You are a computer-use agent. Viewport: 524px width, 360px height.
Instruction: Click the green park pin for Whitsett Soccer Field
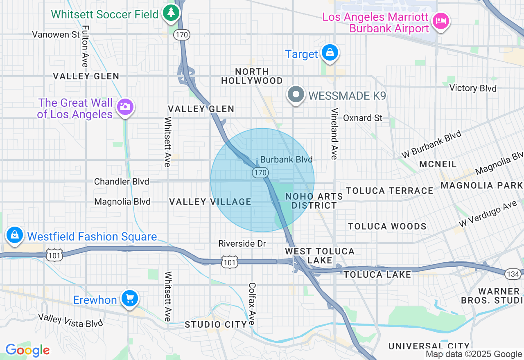pyautogui.click(x=171, y=13)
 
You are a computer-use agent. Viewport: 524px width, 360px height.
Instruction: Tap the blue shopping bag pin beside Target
pyautogui.click(x=329, y=53)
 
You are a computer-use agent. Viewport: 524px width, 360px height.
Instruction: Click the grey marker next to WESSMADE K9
pyautogui.click(x=296, y=95)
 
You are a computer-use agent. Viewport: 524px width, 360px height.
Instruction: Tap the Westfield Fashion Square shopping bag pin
pyautogui.click(x=15, y=236)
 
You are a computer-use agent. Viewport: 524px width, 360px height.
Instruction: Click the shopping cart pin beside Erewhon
pyautogui.click(x=129, y=299)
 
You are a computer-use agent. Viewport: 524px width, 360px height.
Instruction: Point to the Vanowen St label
pyautogui.click(x=56, y=34)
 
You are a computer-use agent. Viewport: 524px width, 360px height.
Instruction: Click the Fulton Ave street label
pyautogui.click(x=85, y=46)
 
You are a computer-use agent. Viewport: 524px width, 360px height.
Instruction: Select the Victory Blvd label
pyautogui.click(x=473, y=88)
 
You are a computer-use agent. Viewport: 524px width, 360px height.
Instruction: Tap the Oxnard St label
pyautogui.click(x=363, y=118)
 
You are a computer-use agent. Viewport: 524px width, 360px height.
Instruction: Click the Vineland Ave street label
pyautogui.click(x=334, y=134)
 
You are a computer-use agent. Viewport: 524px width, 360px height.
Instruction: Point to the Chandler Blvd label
pyautogui.click(x=122, y=181)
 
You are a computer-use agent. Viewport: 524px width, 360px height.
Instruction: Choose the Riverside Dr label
pyautogui.click(x=242, y=244)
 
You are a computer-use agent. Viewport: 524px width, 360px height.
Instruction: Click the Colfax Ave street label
pyautogui.click(x=252, y=304)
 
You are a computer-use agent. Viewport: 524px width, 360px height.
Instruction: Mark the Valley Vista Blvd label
pyautogui.click(x=70, y=320)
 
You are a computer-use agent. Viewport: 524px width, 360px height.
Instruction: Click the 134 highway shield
pyautogui.click(x=513, y=274)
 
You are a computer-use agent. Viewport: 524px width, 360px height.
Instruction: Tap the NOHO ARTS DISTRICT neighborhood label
pyautogui.click(x=314, y=201)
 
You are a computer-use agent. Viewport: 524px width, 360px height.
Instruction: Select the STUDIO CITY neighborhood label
pyautogui.click(x=216, y=324)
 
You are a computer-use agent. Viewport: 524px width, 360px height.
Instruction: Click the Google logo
pyautogui.click(x=27, y=350)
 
